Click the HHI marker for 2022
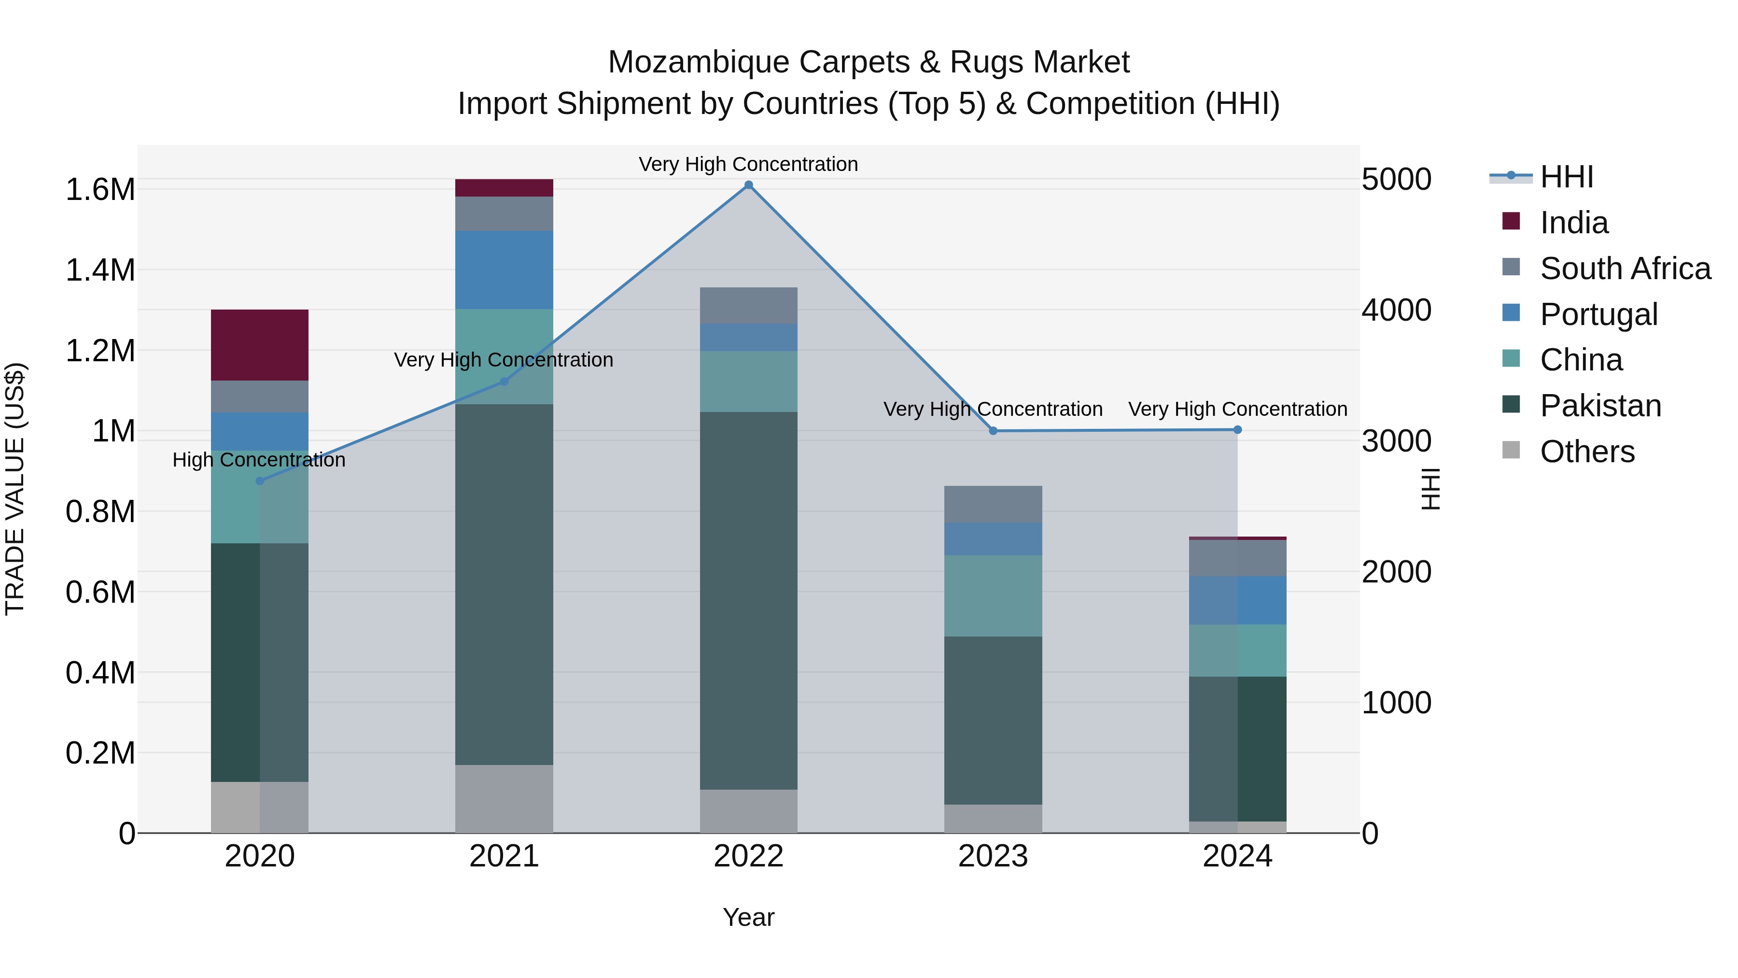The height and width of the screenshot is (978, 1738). pos(748,185)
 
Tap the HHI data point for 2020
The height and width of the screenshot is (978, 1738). pos(260,481)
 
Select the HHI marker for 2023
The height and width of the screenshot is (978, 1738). pos(993,431)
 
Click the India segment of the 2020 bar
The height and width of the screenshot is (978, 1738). pos(260,345)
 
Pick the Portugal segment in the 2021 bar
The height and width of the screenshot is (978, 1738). pos(504,270)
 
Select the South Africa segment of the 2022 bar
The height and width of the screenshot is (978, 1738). pos(748,305)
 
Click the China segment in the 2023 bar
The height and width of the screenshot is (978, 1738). pos(993,595)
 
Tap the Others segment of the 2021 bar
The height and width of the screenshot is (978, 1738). pos(504,798)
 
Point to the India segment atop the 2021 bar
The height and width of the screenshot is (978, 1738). pos(504,188)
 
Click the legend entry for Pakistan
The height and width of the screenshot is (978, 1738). pos(1600,406)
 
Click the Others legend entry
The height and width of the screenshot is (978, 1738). pos(1587,452)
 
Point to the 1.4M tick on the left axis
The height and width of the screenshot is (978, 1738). pos(100,270)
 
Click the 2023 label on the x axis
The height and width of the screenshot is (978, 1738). pos(993,856)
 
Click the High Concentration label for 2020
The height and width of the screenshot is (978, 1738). pos(259,460)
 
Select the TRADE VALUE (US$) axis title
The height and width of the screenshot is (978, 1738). pos(15,489)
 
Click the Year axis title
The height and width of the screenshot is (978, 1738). pos(748,917)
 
